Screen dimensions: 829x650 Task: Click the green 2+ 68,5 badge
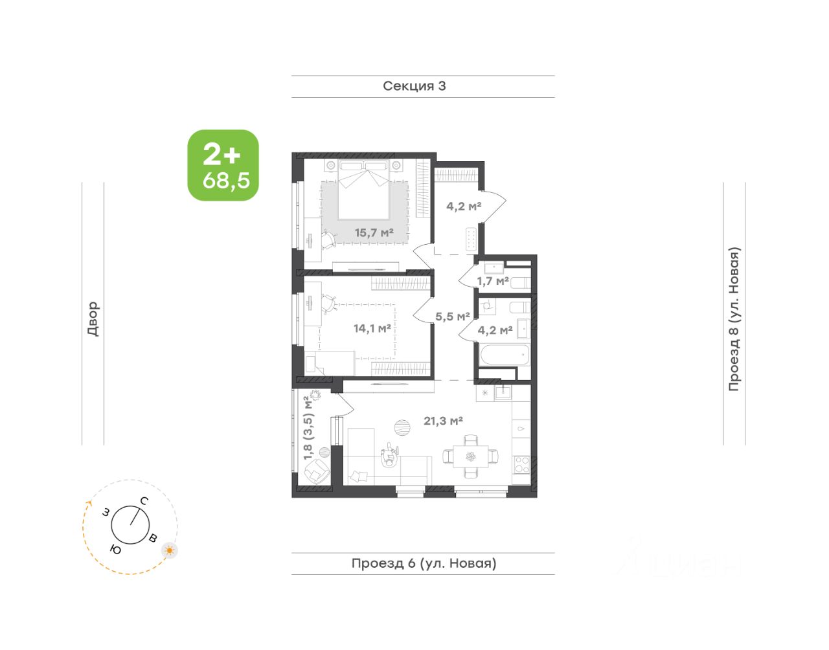tap(223, 165)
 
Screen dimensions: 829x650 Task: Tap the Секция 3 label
tap(414, 86)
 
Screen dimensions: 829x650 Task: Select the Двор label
tap(93, 319)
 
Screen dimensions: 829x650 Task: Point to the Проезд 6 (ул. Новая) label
tap(424, 563)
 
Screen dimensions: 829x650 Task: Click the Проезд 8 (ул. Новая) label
tap(734, 319)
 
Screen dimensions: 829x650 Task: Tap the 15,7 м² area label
tap(374, 232)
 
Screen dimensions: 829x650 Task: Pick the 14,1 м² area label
tap(372, 328)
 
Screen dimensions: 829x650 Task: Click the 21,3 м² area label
tap(443, 421)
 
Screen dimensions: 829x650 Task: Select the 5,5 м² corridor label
tap(453, 316)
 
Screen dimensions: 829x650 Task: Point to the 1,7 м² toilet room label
tap(493, 281)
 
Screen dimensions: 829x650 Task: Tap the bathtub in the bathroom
tap(505, 355)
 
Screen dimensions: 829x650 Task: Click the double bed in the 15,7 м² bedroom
tap(363, 190)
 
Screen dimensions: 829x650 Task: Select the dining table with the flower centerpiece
tap(471, 456)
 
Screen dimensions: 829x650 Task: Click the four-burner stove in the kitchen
tap(522, 465)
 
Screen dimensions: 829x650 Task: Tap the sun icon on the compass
tap(170, 550)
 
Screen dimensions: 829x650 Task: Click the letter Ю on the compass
tap(115, 550)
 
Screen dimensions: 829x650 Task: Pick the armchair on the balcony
tap(317, 471)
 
